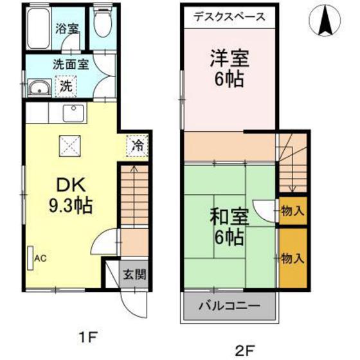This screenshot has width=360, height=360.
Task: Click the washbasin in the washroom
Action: [39, 87]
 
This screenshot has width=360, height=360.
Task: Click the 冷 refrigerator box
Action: [137, 145]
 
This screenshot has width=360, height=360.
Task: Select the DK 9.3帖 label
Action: [71, 195]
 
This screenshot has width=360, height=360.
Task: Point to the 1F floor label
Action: [87, 336]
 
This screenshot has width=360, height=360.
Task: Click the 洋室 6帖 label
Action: [230, 67]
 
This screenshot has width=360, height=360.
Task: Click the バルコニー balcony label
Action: [229, 304]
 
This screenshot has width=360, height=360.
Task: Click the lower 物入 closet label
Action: [292, 258]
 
